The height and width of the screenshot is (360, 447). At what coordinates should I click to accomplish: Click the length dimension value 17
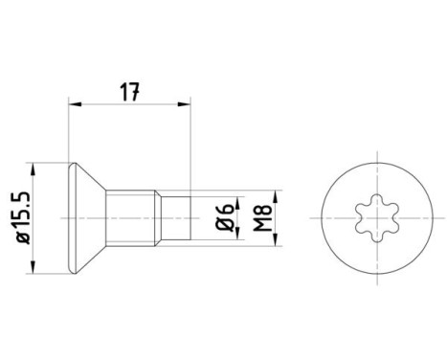click(x=130, y=93)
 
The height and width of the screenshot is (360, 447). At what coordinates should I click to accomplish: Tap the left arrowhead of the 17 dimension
click(x=75, y=107)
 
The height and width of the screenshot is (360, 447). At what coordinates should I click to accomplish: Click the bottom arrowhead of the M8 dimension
click(x=279, y=241)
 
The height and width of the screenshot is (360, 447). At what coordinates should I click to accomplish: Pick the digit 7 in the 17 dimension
click(x=135, y=93)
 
